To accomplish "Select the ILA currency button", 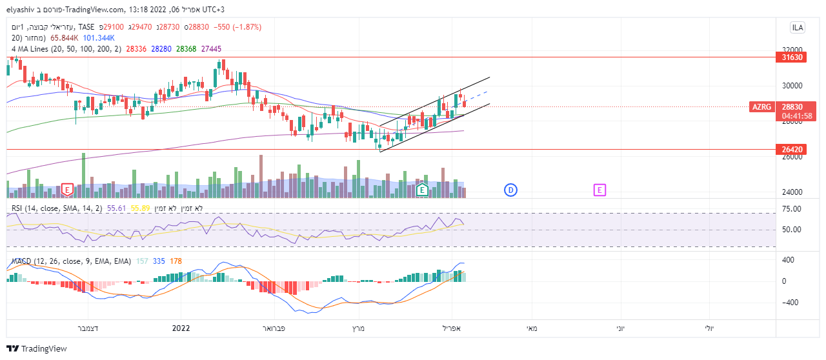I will tap(798, 27).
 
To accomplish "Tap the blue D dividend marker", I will tap(510, 190).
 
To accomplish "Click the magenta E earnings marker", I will tap(599, 190).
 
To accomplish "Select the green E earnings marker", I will tap(421, 190).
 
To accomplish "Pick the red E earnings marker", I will tap(67, 190).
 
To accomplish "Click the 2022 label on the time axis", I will tap(181, 328).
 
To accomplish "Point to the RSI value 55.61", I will tap(116, 208).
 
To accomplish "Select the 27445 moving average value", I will tap(211, 48).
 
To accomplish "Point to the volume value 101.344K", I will tap(99, 38).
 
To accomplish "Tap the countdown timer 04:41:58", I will tap(796, 116).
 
